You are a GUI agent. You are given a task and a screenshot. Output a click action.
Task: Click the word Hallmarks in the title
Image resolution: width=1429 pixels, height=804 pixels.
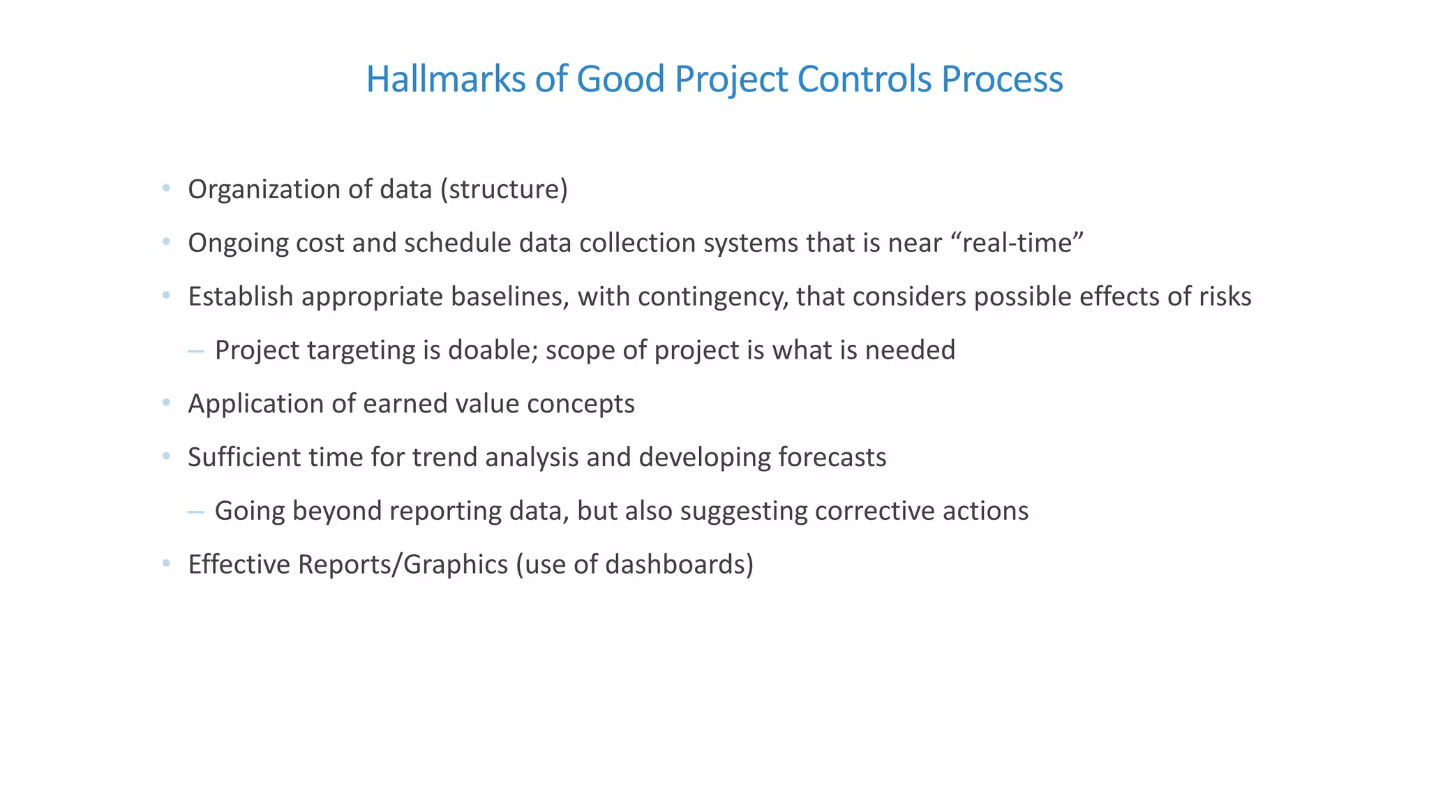tap(445, 79)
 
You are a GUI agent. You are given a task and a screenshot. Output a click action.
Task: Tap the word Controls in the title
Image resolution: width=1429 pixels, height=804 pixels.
tap(864, 79)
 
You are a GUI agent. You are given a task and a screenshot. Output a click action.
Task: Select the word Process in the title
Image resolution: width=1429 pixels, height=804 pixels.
tap(1002, 79)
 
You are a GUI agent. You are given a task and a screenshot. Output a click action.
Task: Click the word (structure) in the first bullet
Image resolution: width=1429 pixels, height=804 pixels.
tap(504, 190)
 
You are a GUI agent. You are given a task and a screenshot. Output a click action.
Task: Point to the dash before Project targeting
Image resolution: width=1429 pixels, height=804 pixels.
tap(196, 351)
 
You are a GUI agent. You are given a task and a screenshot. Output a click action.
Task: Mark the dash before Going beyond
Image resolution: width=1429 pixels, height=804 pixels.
tap(196, 512)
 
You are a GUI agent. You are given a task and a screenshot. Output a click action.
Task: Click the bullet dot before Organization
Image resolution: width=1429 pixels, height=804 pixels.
tap(166, 188)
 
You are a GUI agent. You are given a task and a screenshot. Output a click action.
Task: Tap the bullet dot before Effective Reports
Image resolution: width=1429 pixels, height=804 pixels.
tap(166, 563)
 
